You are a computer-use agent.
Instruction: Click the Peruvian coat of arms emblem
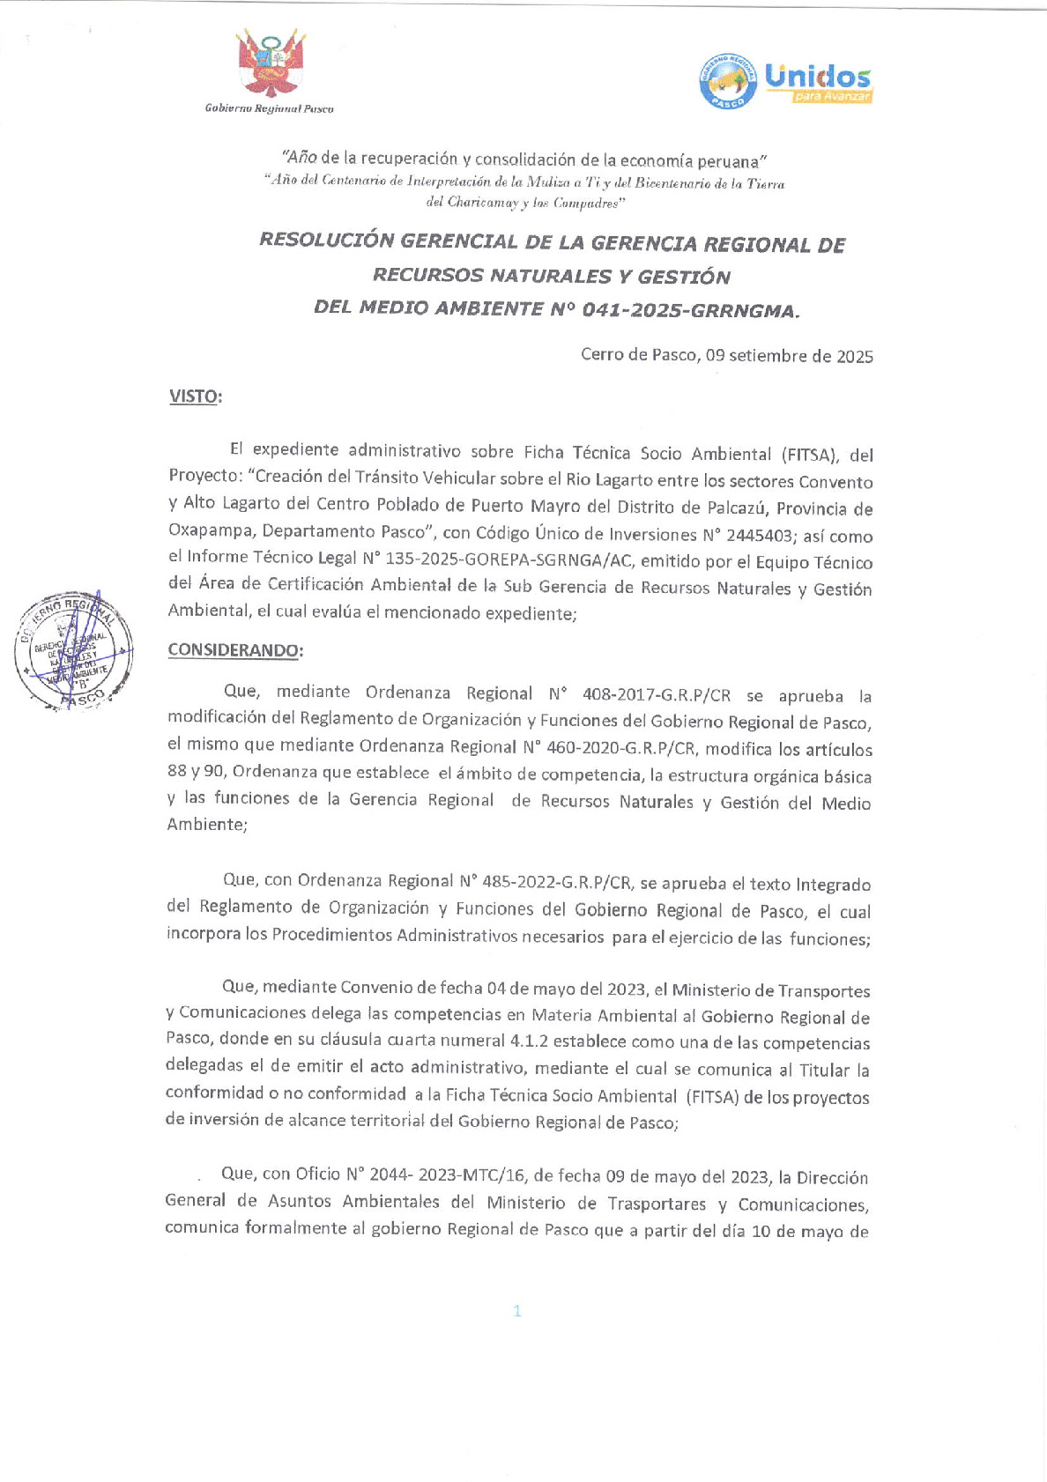[x=271, y=64]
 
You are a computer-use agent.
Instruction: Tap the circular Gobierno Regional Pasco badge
[x=728, y=81]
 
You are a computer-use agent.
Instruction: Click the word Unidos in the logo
[x=817, y=77]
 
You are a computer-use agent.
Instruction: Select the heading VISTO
[x=194, y=396]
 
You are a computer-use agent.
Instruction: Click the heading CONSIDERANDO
[x=234, y=650]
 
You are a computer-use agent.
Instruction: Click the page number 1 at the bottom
[x=517, y=1311]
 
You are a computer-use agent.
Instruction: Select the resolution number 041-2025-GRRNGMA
[x=689, y=309]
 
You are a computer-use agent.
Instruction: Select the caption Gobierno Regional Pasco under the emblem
[x=269, y=108]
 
